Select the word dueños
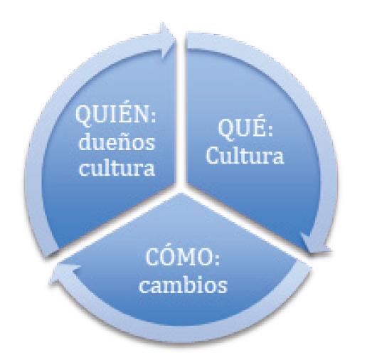(x=117, y=142)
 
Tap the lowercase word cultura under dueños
(x=117, y=167)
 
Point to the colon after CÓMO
(x=217, y=260)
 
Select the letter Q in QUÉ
(x=227, y=130)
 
